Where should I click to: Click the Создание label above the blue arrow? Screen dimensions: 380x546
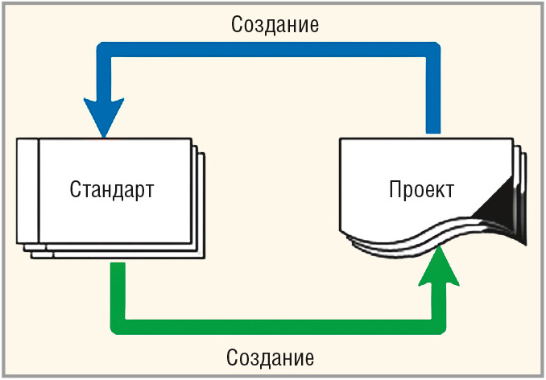275,24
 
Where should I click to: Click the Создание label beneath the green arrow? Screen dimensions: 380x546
271,357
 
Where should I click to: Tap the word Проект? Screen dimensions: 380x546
421,191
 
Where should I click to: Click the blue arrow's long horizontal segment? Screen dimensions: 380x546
274,49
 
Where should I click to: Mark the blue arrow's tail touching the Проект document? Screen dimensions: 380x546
433,125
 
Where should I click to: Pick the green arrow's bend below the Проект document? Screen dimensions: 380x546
439,326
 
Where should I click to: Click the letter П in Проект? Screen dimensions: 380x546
395,191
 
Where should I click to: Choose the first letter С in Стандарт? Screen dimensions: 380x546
75,191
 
